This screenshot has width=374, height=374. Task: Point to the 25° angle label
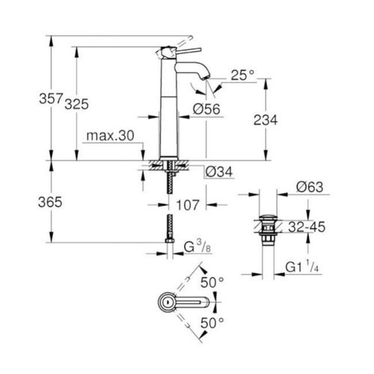coord(243,76)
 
